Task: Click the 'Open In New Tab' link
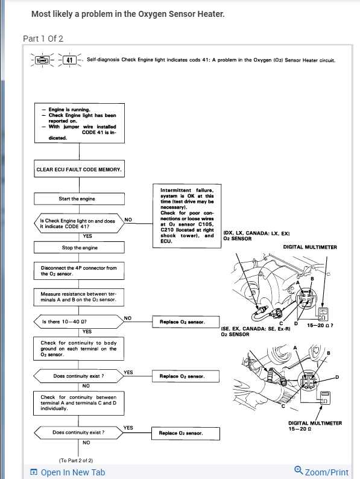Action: coord(68,472)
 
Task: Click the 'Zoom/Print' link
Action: coord(321,471)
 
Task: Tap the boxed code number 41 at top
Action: coord(69,60)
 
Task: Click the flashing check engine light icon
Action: coord(42,60)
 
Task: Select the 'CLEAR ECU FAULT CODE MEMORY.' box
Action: coord(79,169)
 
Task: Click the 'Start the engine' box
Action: coord(79,198)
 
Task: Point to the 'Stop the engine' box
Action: coord(79,247)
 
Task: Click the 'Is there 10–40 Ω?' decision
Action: coord(78,322)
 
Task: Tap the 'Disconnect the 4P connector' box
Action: coord(79,271)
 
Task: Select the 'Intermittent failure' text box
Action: coord(187,216)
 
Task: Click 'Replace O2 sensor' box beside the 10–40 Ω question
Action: coord(186,322)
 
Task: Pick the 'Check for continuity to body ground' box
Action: coord(78,349)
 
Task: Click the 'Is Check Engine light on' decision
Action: coord(79,223)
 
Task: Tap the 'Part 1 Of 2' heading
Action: coord(43,39)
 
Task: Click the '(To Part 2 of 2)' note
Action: coord(76,460)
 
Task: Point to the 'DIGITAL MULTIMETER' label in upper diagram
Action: coord(310,247)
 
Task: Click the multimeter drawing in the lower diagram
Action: coord(324,398)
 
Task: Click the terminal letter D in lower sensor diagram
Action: coord(337,377)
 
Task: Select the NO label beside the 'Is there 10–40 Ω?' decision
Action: coord(128,318)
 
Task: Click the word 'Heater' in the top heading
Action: coord(210,14)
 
